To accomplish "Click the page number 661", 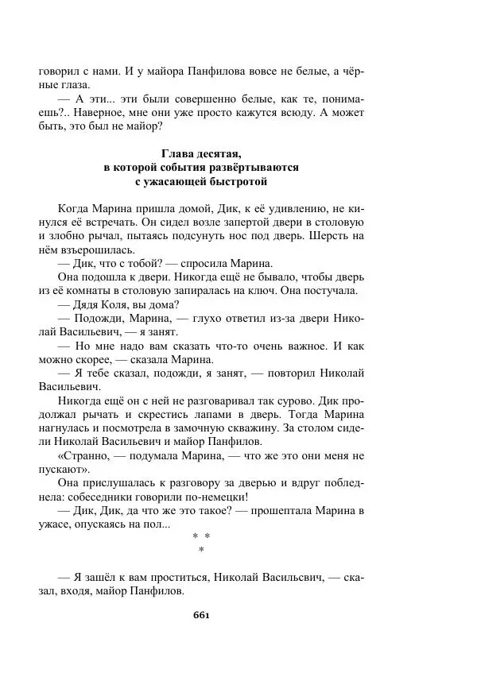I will click(201, 614).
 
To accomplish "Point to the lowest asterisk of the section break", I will click(201, 550).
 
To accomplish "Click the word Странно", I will click(85, 456).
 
